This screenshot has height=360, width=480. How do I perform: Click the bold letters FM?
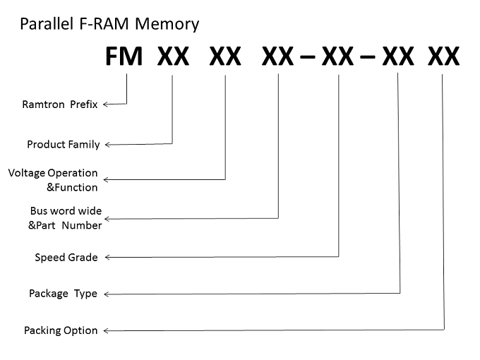click(x=124, y=56)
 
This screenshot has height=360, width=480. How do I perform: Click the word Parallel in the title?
click(x=47, y=24)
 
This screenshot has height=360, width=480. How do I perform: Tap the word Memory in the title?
click(x=167, y=25)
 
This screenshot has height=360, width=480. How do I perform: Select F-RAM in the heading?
click(x=104, y=24)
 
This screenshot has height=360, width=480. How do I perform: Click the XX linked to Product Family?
click(x=173, y=56)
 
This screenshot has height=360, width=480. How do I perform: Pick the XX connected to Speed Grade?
click(x=337, y=56)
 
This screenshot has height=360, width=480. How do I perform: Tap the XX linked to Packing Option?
click(x=443, y=56)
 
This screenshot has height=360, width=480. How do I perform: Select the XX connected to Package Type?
click(x=398, y=56)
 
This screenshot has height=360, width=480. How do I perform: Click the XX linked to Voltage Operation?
click(x=225, y=56)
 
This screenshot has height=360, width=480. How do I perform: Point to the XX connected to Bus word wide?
click(x=277, y=56)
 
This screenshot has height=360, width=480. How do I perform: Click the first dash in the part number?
click(x=308, y=56)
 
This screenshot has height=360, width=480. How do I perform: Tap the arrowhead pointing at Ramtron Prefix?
click(x=105, y=104)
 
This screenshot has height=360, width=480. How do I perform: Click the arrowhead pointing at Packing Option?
click(x=106, y=330)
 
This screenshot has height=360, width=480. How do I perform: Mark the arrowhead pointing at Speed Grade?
click(x=107, y=257)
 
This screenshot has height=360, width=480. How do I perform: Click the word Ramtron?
click(x=44, y=104)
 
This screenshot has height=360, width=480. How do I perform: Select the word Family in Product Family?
click(x=85, y=145)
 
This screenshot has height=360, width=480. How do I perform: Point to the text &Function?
click(x=72, y=187)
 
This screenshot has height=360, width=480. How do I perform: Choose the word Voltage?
click(x=27, y=173)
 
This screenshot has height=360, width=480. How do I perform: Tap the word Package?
click(x=49, y=294)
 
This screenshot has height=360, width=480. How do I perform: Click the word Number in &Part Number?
click(x=82, y=225)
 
